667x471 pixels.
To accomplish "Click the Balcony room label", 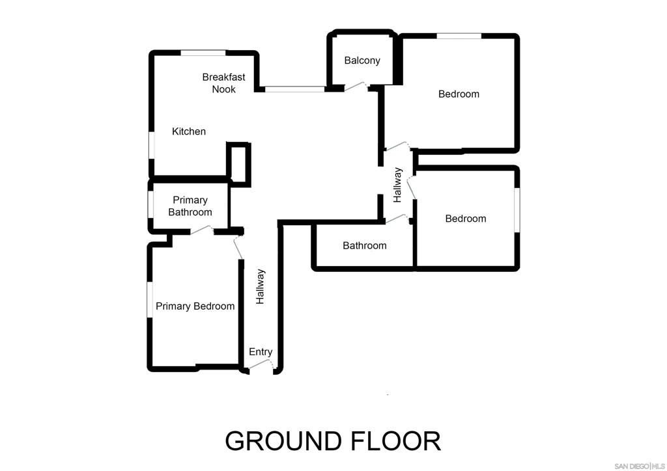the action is click(362, 61).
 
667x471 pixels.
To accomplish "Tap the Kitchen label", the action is click(189, 131).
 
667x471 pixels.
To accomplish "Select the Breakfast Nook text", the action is click(224, 83).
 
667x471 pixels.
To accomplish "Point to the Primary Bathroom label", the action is click(190, 206).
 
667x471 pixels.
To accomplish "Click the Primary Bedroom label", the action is click(195, 306).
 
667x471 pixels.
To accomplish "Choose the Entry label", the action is click(261, 352).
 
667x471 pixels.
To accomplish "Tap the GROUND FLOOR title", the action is click(333, 441).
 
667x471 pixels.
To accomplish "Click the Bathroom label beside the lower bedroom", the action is click(365, 245).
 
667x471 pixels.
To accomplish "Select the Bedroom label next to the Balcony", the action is click(459, 94).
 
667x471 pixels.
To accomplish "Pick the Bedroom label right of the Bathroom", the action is click(465, 219).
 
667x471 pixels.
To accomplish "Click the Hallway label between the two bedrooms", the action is click(397, 185).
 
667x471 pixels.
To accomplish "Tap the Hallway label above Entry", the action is click(260, 287).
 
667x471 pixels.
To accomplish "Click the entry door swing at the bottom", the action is click(261, 365).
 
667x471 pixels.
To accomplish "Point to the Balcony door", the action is click(356, 87).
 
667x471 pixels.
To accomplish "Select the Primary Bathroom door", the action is click(202, 230).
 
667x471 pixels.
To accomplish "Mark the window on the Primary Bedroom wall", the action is click(150, 299).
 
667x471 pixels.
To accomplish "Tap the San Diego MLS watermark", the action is click(639, 466).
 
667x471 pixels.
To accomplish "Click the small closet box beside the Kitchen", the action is click(238, 164).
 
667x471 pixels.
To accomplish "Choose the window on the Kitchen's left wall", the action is click(151, 146).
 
